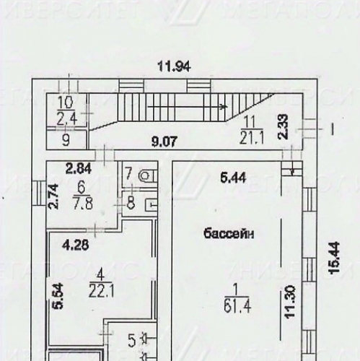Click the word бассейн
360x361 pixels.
tap(230, 233)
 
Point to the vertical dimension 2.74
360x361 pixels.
tap(52, 196)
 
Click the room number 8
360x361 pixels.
tap(130, 202)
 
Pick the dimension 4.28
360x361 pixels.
tap(75, 243)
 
